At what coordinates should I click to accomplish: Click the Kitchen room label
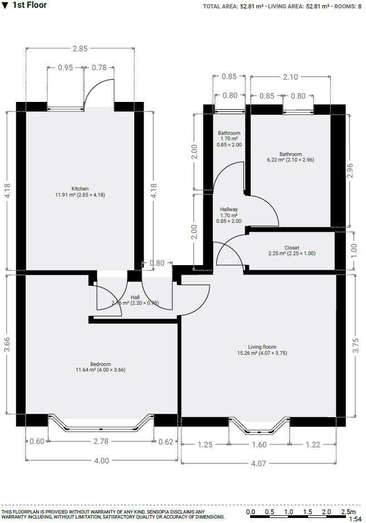(x=80, y=189)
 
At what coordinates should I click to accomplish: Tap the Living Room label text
(x=262, y=347)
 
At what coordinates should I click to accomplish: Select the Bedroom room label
(x=101, y=364)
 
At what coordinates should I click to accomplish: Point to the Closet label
(x=291, y=248)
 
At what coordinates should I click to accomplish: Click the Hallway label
(x=228, y=209)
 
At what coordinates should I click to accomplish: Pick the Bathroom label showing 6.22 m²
(x=290, y=154)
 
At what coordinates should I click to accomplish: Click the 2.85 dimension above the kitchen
(x=80, y=49)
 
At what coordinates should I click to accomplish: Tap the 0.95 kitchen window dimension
(x=65, y=68)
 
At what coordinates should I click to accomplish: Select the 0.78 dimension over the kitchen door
(x=99, y=68)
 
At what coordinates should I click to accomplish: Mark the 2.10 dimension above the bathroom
(x=290, y=77)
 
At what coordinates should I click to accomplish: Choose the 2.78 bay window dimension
(x=101, y=442)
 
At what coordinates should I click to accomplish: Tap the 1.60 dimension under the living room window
(x=259, y=444)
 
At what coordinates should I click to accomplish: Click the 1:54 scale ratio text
(x=355, y=519)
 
